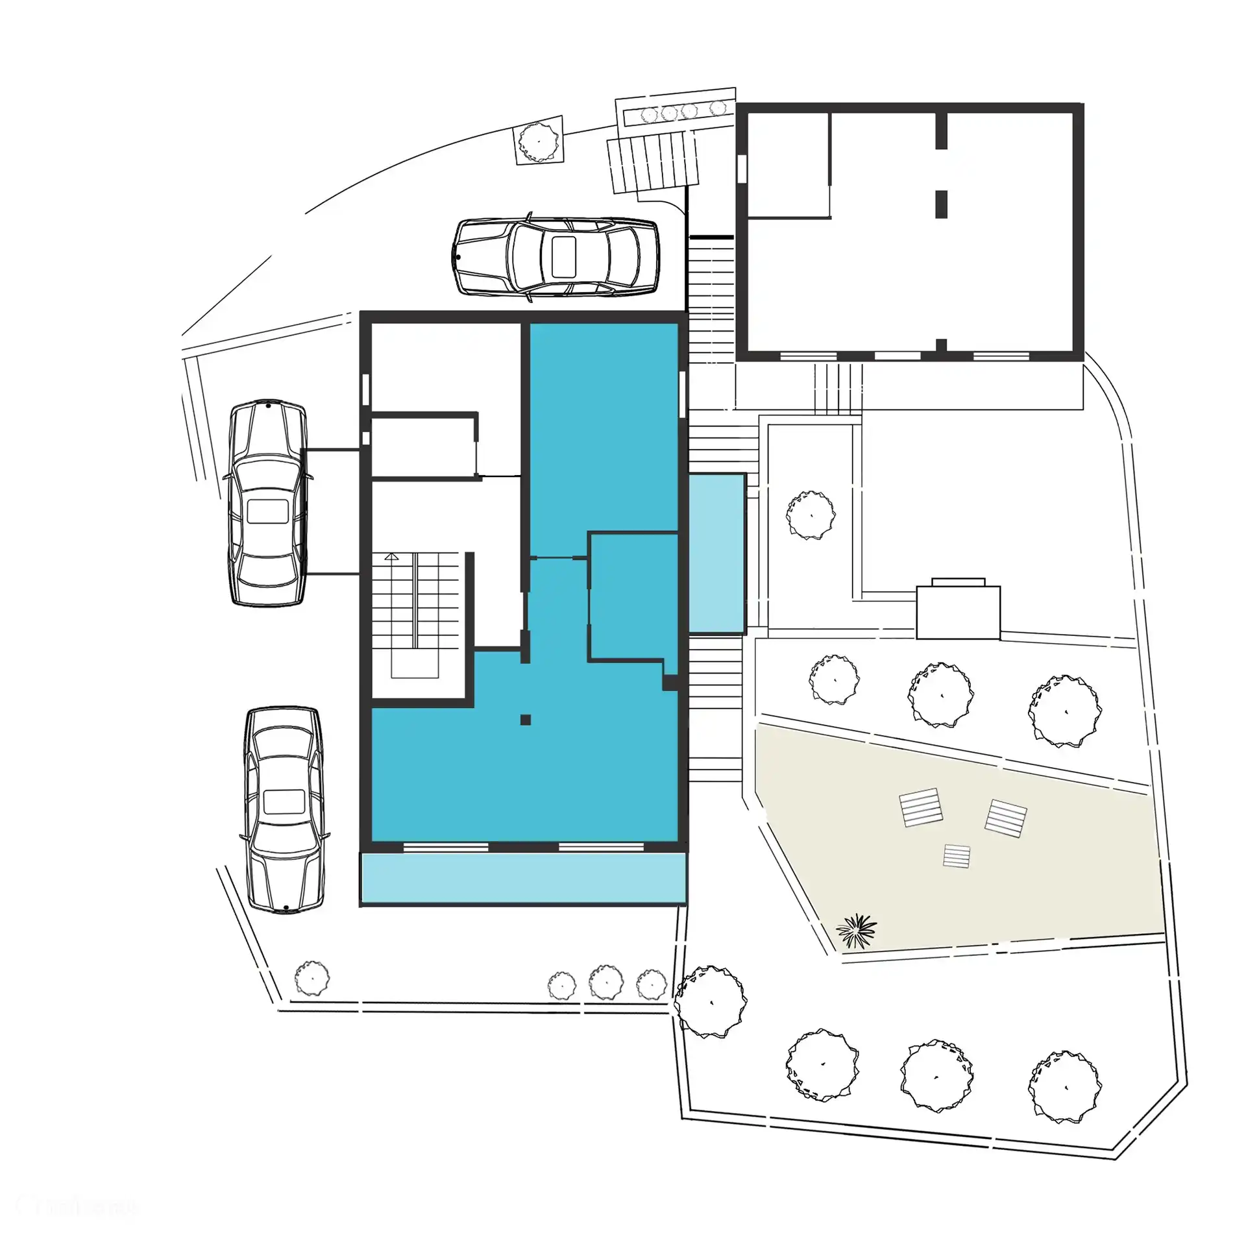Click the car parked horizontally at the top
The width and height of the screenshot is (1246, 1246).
[556, 257]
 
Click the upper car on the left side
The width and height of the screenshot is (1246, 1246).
[267, 503]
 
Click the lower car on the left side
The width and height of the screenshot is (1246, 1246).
[284, 810]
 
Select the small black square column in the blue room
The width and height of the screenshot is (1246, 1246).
[526, 719]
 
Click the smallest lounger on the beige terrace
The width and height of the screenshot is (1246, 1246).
[957, 856]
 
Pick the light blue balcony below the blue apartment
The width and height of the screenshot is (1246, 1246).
[523, 877]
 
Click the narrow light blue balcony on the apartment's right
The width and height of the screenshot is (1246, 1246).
[716, 552]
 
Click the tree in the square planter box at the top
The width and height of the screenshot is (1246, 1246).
[539, 141]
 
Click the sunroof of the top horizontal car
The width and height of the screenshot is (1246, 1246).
[563, 256]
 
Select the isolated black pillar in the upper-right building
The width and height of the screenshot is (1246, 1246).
[941, 204]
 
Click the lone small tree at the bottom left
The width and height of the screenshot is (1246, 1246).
[312, 978]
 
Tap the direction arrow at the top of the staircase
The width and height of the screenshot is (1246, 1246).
[391, 556]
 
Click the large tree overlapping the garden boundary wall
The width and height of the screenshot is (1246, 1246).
[710, 1001]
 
